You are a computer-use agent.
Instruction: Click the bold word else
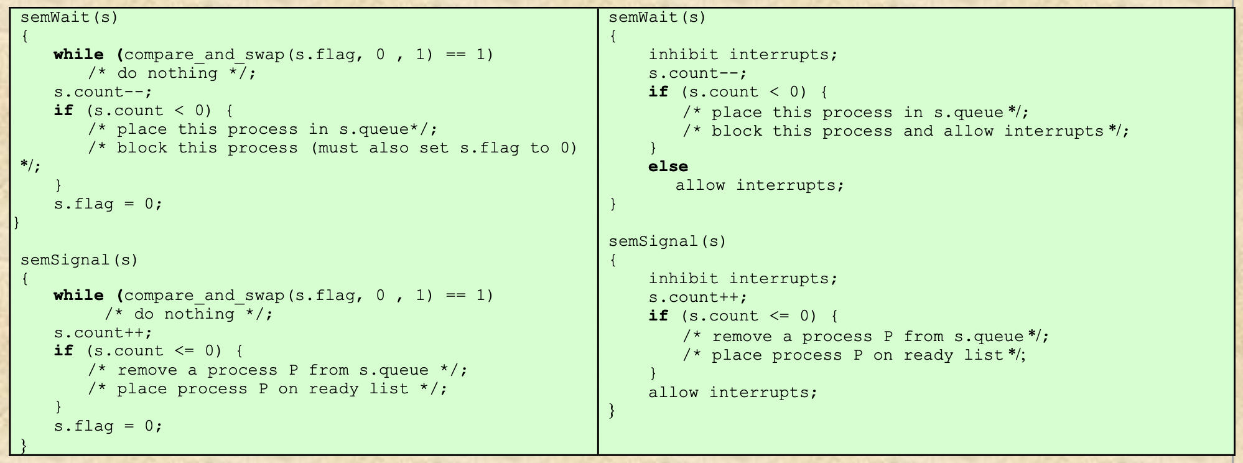(x=668, y=167)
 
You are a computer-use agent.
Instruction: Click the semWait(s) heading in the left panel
(x=69, y=17)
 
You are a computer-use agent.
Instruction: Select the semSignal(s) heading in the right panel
(x=667, y=241)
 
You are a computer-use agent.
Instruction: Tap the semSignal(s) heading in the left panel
(x=79, y=260)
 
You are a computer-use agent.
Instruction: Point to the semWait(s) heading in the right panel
(x=657, y=17)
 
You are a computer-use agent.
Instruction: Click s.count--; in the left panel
(x=103, y=92)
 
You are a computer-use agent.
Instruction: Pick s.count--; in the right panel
(x=697, y=73)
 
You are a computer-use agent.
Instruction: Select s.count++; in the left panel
(x=103, y=333)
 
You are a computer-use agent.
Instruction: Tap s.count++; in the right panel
(x=697, y=297)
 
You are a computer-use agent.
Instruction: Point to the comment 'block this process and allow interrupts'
(x=905, y=131)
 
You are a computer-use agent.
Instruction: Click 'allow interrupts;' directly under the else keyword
(x=760, y=185)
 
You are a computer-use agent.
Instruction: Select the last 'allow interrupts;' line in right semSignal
(x=732, y=393)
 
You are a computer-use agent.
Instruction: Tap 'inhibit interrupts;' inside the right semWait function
(x=743, y=55)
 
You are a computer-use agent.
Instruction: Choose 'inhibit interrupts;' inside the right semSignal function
(x=743, y=279)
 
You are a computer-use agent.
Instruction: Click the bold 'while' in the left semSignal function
(x=78, y=296)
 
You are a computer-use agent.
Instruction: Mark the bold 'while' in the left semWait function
(x=78, y=55)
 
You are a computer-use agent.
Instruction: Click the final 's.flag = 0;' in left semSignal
(x=108, y=426)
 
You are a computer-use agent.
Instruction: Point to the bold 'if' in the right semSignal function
(x=658, y=316)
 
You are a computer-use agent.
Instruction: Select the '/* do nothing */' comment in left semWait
(x=172, y=73)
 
